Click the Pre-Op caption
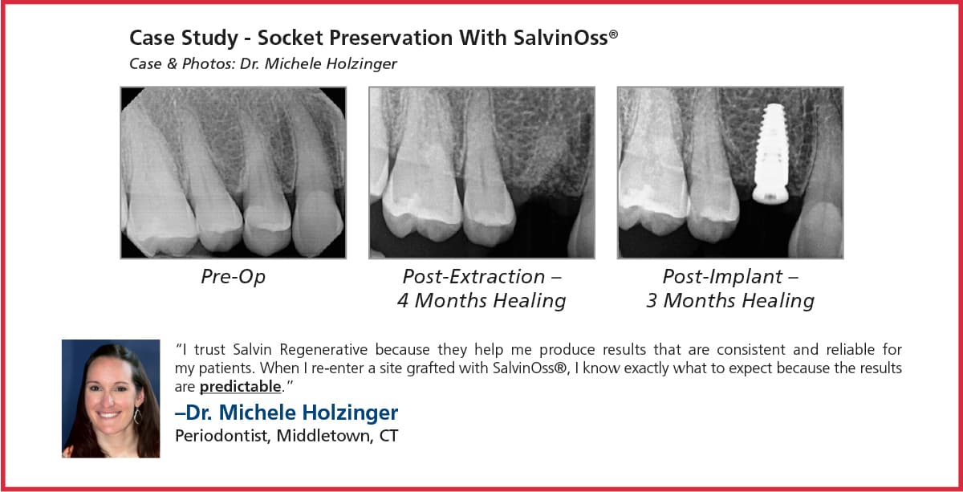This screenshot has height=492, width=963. point(233,277)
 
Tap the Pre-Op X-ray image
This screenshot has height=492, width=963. point(233,173)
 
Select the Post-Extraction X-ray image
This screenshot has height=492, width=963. point(481,173)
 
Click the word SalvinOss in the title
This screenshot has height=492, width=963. point(571,38)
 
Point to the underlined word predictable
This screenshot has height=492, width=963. point(240,387)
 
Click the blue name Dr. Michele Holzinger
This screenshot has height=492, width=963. point(286,413)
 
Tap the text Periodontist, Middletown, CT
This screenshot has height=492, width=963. point(286,437)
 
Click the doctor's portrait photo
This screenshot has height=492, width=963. point(111,398)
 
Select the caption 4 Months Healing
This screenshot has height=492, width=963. point(481,301)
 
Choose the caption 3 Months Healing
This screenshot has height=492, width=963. point(730,301)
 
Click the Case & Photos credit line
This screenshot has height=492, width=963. point(263,63)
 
